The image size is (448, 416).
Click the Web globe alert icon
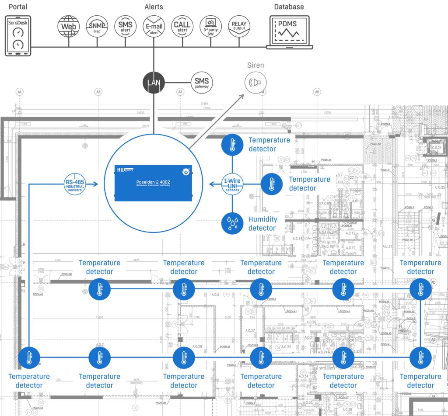click(69, 26)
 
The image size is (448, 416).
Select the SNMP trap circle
click(97, 26)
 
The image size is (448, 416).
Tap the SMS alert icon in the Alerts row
click(125, 26)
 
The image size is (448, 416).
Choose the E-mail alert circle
click(154, 26)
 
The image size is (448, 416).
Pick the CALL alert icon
click(182, 26)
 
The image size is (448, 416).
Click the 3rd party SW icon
click(210, 26)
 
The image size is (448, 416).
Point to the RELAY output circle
click(239, 26)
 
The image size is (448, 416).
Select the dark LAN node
click(154, 82)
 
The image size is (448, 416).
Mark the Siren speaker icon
click(255, 82)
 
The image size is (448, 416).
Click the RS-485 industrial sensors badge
click(75, 185)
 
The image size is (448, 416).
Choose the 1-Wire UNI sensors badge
click(232, 185)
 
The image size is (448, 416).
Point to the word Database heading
click(289, 7)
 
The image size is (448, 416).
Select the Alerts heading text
click(154, 7)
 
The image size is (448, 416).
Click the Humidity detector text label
click(262, 224)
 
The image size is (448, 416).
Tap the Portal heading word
click(18, 7)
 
